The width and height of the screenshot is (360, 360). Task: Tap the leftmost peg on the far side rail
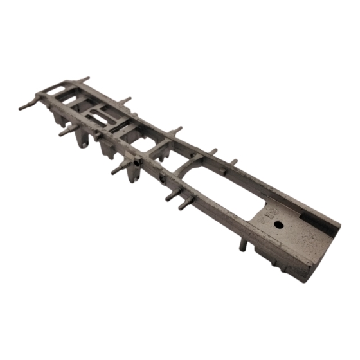tap(83, 80)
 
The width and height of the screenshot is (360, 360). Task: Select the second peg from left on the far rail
tap(125, 101)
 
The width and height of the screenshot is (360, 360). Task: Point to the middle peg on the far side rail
tap(175, 130)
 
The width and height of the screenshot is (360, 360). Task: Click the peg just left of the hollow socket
tap(120, 170)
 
